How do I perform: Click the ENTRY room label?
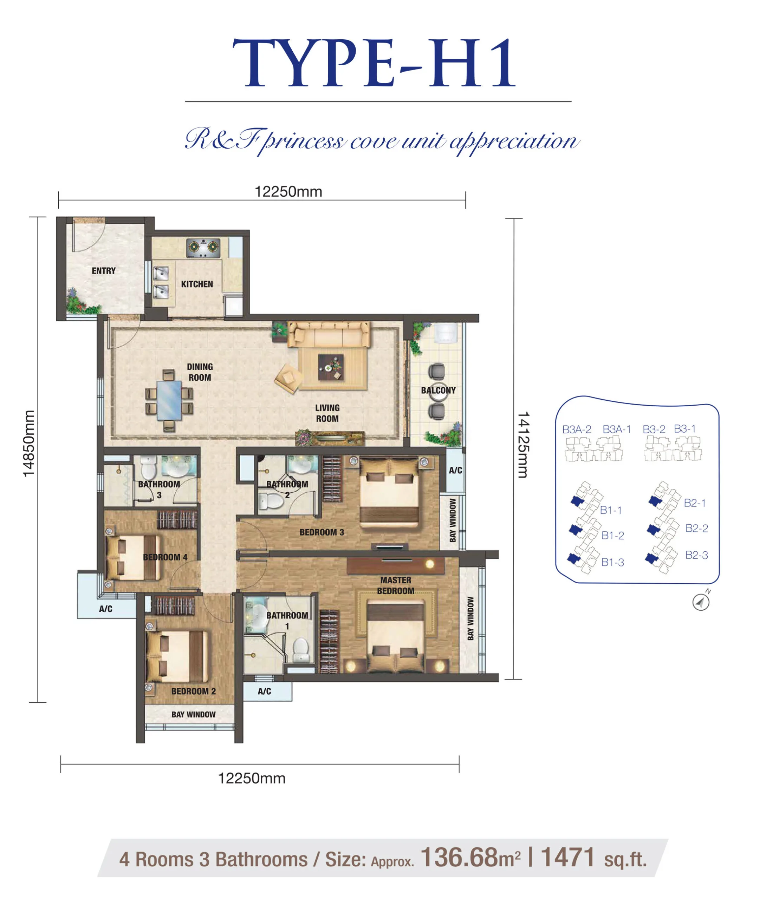[104, 271]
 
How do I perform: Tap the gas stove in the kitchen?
[203, 248]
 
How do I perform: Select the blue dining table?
[169, 400]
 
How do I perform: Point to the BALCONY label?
[438, 391]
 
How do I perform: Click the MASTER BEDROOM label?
[396, 585]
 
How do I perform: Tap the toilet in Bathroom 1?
[300, 650]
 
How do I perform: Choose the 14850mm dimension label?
[29, 444]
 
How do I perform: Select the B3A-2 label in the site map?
[577, 429]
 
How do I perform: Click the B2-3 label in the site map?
[696, 555]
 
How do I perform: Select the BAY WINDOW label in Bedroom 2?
[193, 715]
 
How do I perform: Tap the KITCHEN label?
[197, 284]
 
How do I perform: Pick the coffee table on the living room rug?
[331, 367]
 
